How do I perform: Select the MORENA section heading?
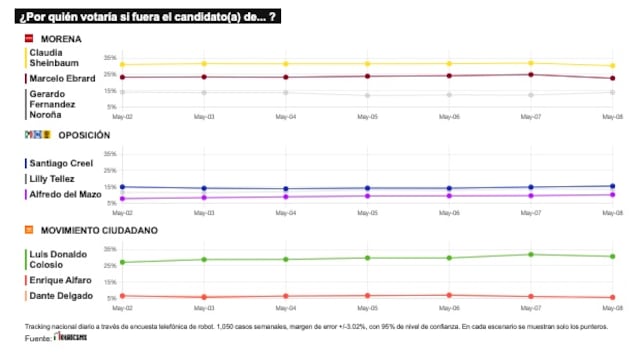click(60, 38)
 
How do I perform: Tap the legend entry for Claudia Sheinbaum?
click(52, 57)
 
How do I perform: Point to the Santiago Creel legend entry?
click(61, 163)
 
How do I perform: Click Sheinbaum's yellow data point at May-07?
click(531, 63)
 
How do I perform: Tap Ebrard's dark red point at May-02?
click(122, 77)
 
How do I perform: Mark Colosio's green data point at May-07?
click(531, 254)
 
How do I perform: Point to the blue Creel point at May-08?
click(612, 186)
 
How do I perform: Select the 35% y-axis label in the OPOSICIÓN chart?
click(110, 154)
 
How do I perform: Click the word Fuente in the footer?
click(38, 339)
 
